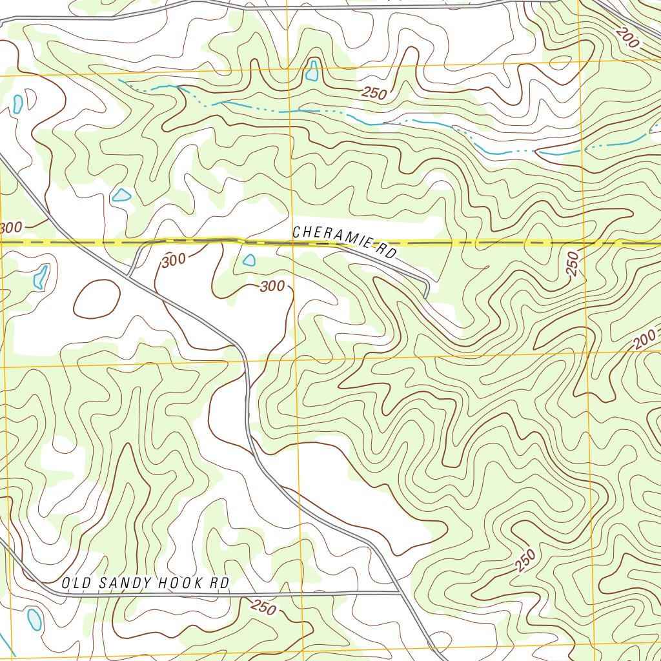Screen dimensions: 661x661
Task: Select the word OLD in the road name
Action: [74, 583]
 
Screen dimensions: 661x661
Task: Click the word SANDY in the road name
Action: [118, 583]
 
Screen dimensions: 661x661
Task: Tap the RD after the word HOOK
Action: [221, 583]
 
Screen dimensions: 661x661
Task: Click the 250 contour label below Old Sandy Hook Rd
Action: [263, 607]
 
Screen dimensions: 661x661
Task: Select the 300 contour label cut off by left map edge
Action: [10, 228]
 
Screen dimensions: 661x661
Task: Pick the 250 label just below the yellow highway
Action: [573, 264]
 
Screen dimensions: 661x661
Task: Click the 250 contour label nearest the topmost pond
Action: [374, 94]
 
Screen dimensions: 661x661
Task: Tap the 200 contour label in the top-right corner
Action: [627, 39]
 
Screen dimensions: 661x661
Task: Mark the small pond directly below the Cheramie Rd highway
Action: [249, 260]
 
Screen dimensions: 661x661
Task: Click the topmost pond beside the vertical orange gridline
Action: [312, 70]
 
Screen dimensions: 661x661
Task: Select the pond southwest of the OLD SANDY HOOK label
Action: [34, 620]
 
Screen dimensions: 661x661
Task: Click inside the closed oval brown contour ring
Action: [97, 299]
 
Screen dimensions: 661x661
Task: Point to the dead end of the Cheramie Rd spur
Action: [425, 296]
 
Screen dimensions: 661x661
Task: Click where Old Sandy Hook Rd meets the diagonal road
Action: [398, 591]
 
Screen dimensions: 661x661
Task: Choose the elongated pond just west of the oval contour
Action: [41, 276]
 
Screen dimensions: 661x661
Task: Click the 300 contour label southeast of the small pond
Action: [272, 286]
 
